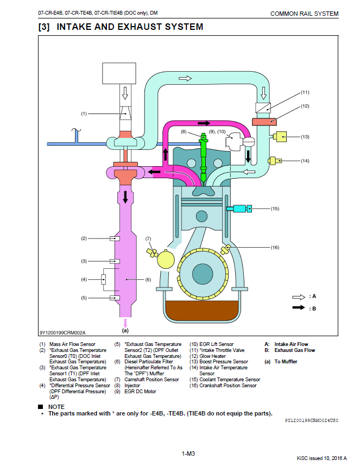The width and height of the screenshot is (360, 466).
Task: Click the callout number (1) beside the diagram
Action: (x=84, y=114)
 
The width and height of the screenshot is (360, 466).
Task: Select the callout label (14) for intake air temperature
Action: (x=305, y=161)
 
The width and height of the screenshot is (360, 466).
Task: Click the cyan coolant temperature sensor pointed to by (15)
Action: (x=239, y=208)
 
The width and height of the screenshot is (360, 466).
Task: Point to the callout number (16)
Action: (x=275, y=247)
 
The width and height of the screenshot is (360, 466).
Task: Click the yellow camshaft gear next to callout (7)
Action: (x=167, y=259)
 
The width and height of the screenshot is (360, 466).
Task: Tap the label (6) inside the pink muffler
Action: (x=148, y=280)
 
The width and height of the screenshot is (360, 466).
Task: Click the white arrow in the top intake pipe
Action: (x=185, y=79)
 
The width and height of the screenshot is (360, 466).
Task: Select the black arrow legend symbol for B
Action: (x=299, y=308)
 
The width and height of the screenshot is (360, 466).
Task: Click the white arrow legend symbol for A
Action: (x=299, y=297)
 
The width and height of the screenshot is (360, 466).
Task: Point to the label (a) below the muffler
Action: (x=125, y=330)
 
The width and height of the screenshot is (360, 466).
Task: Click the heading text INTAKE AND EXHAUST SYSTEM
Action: (x=130, y=26)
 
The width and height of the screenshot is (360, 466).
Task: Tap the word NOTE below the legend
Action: (x=56, y=407)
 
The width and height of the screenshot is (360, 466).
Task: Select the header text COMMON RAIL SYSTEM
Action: (x=304, y=14)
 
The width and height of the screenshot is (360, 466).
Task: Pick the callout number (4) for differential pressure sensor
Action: (x=84, y=280)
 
